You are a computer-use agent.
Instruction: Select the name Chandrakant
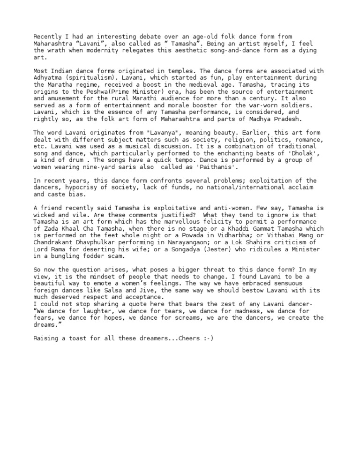(54, 242)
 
